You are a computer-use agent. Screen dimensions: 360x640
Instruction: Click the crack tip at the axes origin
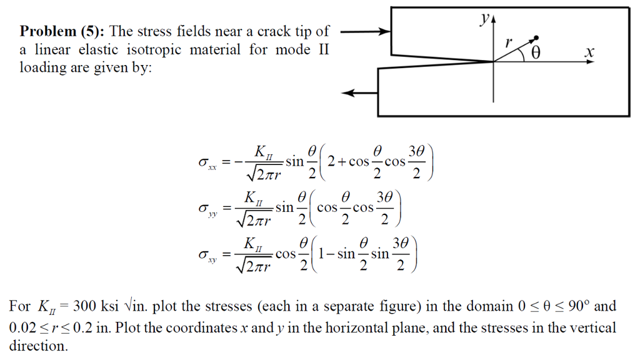point(494,61)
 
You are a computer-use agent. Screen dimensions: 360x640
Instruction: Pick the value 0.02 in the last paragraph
point(22,327)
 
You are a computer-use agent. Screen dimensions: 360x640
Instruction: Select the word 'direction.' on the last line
point(38,346)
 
